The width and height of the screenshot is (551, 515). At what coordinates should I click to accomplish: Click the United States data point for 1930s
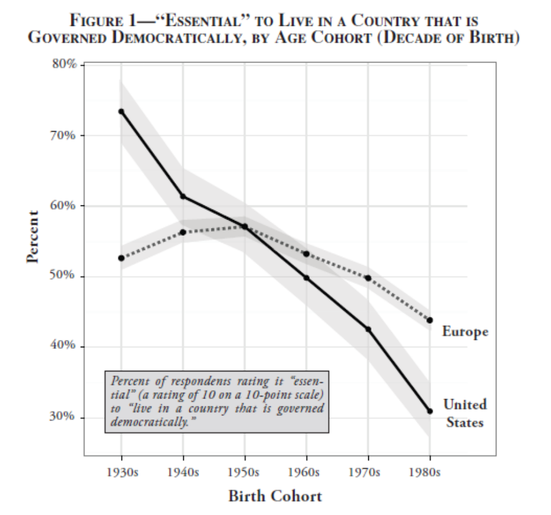coord(121,111)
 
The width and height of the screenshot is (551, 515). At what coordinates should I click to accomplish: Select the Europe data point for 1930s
coord(121,258)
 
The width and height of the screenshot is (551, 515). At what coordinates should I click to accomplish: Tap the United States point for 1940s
coord(183,196)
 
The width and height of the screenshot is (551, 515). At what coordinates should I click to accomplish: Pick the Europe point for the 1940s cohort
coord(183,232)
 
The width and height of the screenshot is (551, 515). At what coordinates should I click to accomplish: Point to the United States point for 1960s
coord(306,277)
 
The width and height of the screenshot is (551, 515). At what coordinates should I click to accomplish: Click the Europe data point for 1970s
coord(368,277)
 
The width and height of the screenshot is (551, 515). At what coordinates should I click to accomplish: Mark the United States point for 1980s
coord(430,411)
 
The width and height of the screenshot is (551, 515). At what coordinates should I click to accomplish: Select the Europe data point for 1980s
coord(430,320)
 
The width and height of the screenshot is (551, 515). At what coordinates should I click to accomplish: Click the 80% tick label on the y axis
coord(65,65)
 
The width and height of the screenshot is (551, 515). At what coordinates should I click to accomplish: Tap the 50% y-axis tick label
coord(65,276)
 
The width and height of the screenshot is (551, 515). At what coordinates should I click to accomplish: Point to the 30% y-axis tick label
coord(65,417)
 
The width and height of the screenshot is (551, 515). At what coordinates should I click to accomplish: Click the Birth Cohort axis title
coord(275,496)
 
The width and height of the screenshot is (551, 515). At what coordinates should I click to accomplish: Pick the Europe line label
coord(465,332)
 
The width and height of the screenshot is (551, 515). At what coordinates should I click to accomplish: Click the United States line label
coord(465,413)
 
